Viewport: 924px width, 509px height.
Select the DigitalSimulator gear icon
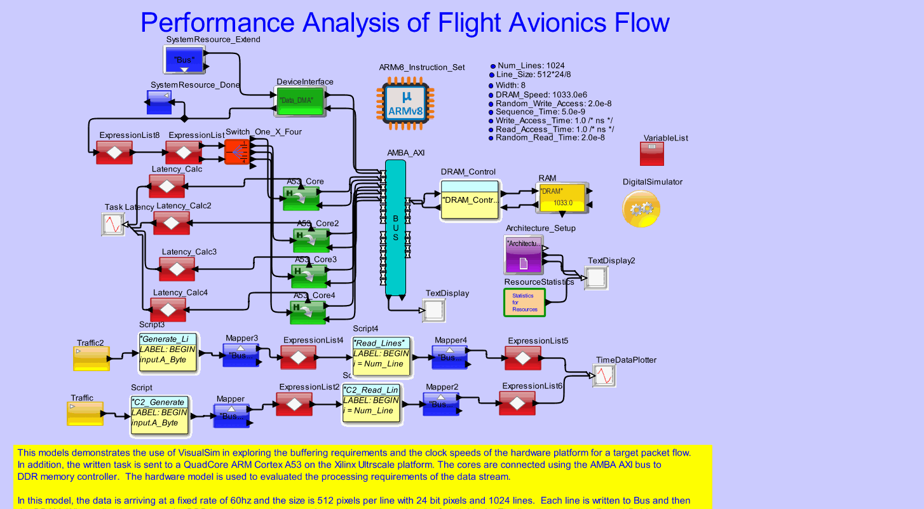(x=641, y=208)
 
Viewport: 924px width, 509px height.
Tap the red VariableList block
(x=651, y=153)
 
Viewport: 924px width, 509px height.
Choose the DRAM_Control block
(x=470, y=200)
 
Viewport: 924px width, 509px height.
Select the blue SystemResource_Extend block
(x=182, y=59)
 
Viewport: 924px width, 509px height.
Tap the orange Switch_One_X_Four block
(x=238, y=152)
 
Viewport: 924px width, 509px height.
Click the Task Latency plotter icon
(x=113, y=224)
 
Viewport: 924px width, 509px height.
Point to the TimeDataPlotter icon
(x=606, y=376)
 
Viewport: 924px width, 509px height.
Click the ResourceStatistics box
(x=524, y=302)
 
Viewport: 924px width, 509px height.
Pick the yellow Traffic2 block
(x=92, y=358)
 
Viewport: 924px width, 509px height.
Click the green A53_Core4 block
(x=308, y=312)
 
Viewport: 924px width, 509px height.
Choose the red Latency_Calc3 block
(x=177, y=269)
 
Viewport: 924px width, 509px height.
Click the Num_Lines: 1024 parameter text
(x=531, y=65)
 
